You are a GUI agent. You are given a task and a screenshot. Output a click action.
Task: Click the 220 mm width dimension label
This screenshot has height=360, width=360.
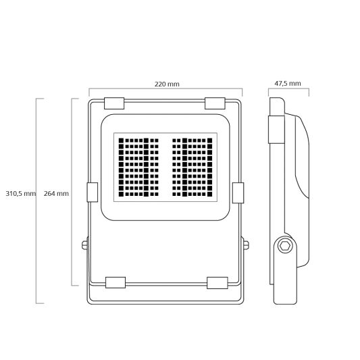pos(166,84)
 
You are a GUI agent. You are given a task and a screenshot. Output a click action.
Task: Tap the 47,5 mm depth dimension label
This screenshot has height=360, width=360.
pos(288,84)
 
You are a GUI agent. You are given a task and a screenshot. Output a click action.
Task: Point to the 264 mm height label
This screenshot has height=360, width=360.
pos(56,194)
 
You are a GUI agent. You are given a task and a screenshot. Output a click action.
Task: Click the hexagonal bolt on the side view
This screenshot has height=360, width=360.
pos(286,245)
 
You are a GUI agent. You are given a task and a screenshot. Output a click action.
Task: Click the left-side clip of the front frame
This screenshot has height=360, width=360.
pos(93,192)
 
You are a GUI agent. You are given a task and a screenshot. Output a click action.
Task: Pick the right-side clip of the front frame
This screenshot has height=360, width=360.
pos(238,192)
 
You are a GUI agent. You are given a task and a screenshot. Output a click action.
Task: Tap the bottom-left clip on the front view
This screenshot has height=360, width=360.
pos(115,281)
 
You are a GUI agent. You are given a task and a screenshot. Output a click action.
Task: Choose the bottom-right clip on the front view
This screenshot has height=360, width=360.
pos(217,281)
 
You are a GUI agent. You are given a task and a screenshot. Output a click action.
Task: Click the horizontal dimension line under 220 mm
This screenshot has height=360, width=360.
pos(166,90)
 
